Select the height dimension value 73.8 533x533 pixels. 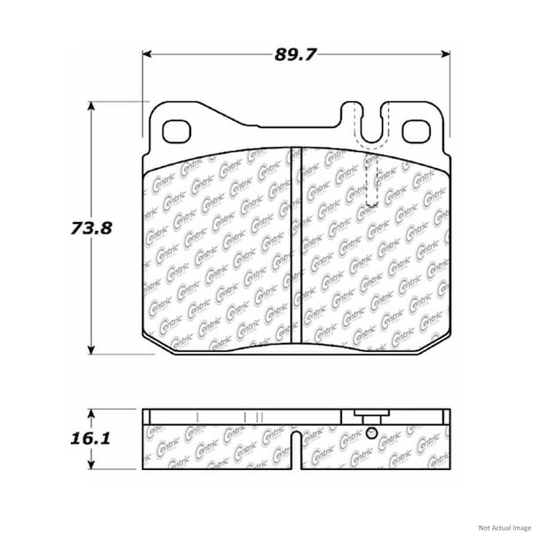point(91,227)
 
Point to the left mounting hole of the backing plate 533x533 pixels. point(178,130)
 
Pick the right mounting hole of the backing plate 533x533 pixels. point(415,131)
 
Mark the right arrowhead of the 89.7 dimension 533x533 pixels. point(445,55)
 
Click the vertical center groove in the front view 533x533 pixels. point(296,249)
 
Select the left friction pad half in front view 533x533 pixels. point(218,249)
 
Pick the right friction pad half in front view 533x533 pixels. point(373,258)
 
